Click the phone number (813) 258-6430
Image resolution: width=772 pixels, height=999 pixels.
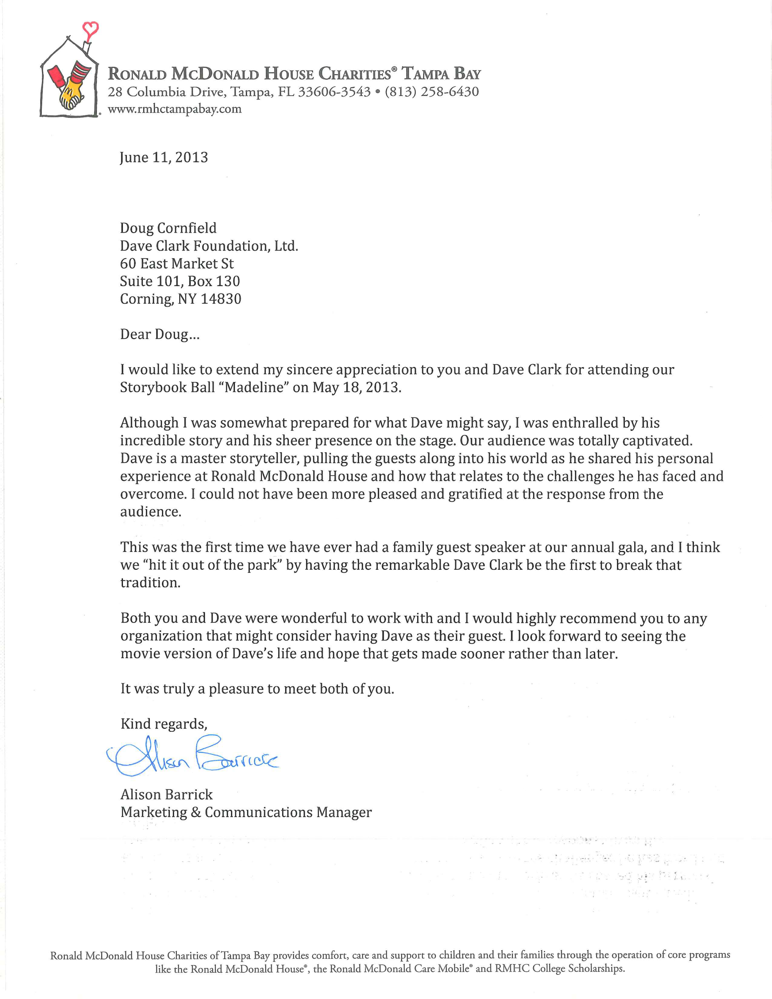click(432, 92)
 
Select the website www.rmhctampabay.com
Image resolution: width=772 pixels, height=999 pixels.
click(174, 109)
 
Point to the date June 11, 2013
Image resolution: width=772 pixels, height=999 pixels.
click(164, 157)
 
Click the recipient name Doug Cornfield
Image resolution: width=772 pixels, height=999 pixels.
click(168, 228)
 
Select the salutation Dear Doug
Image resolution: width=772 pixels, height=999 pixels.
click(159, 334)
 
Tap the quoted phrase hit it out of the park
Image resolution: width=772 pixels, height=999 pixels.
click(213, 565)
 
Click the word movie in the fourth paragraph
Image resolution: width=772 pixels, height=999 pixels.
click(140, 654)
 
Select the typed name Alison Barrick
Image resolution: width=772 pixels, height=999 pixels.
click(167, 795)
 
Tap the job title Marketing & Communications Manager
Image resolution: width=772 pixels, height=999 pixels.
click(246, 812)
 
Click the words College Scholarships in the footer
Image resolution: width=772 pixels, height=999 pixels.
click(596, 968)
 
